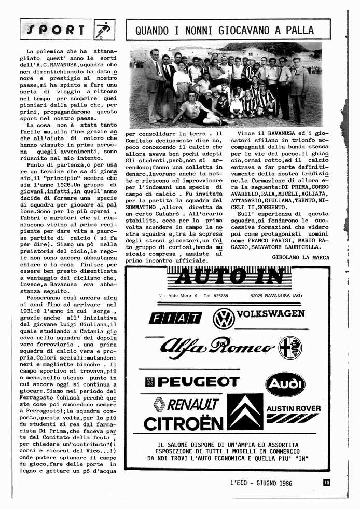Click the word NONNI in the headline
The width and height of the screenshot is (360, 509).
point(209,31)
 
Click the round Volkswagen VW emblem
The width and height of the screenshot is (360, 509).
point(224,318)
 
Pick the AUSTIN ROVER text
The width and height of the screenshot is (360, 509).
point(293,408)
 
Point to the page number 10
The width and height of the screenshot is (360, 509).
point(326,483)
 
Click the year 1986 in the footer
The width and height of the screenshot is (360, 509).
point(281,483)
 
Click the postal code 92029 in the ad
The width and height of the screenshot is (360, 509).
point(257,296)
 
